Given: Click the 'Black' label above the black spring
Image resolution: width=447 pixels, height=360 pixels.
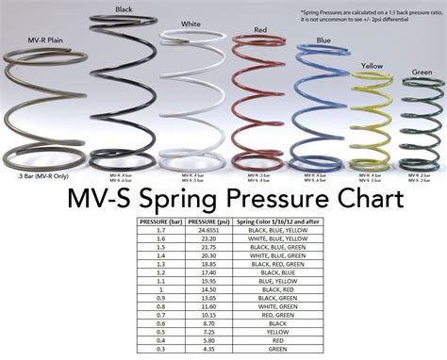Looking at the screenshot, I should point(124,9).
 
